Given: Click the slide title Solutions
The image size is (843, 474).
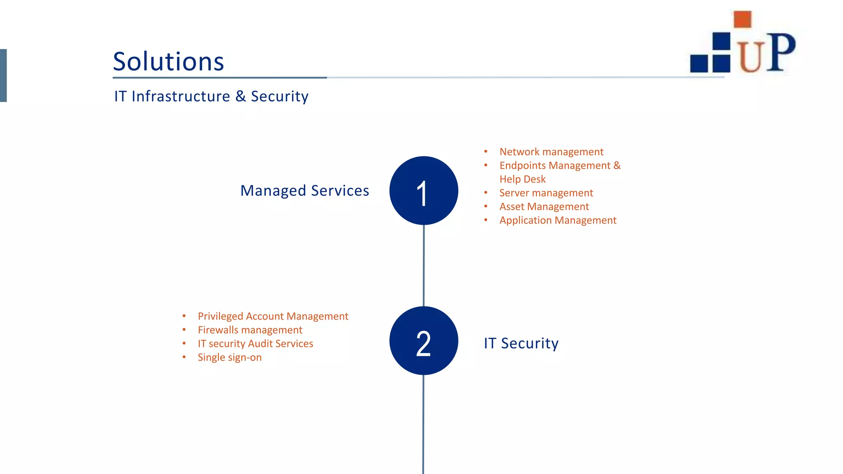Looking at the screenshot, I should pyautogui.click(x=168, y=62).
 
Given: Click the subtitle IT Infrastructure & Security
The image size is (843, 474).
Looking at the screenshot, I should pyautogui.click(x=211, y=96).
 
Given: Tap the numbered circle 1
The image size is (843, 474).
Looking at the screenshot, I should pyautogui.click(x=424, y=191).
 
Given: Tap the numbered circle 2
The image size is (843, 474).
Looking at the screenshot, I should pyautogui.click(x=424, y=341).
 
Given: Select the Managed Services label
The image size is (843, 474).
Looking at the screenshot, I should pyautogui.click(x=305, y=191).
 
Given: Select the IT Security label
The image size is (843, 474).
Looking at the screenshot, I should pyautogui.click(x=521, y=343).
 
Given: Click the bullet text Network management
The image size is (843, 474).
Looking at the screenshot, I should pyautogui.click(x=551, y=152).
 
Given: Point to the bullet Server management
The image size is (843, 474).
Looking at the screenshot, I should pyautogui.click(x=546, y=193).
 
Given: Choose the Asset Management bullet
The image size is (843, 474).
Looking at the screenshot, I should pyautogui.click(x=544, y=207).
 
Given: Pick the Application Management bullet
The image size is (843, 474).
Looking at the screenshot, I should pyautogui.click(x=558, y=221).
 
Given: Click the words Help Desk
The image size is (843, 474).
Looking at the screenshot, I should pyautogui.click(x=522, y=179).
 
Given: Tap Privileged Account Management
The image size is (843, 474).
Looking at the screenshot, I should pyautogui.click(x=273, y=316).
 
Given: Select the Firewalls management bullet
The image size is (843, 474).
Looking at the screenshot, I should pyautogui.click(x=250, y=330).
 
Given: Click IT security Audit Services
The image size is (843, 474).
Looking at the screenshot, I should pyautogui.click(x=255, y=344).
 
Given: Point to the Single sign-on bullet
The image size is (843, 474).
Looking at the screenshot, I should pyautogui.click(x=229, y=358).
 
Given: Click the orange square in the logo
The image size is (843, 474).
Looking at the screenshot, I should pyautogui.click(x=743, y=19).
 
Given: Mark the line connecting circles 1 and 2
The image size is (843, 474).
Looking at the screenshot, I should pyautogui.click(x=424, y=265).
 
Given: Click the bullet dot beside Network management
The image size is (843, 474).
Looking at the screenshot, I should pyautogui.click(x=486, y=152).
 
